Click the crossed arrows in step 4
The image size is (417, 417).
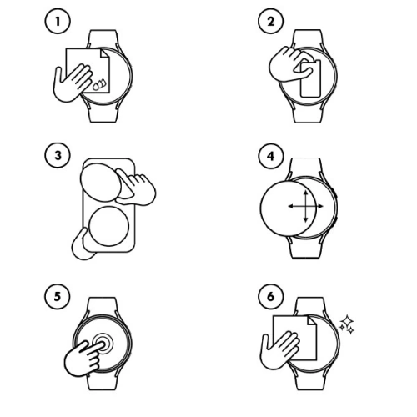coord(302,204)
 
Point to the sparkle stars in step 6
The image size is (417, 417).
coord(347,324)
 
